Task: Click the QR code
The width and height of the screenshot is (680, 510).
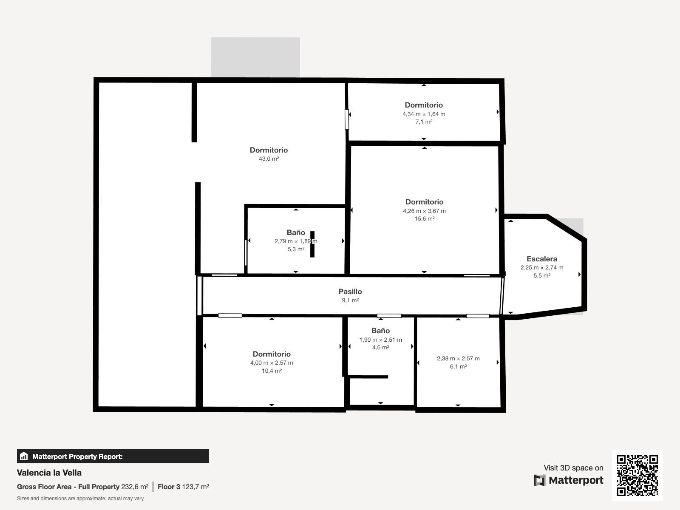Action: [637, 475]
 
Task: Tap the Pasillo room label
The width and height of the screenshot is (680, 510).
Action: [350, 292]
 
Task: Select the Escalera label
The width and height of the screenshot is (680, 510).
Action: [542, 259]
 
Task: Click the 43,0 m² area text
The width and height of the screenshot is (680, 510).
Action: [269, 159]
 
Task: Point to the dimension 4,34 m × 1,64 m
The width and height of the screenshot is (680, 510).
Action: [424, 114]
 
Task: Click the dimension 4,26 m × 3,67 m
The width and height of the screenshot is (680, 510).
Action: [425, 211]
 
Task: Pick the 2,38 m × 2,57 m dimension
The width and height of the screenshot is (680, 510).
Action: [458, 358]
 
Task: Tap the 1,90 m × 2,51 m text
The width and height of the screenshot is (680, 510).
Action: [381, 340]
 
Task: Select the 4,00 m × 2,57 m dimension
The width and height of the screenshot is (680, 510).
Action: [272, 363]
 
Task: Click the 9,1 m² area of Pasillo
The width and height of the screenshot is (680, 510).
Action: [350, 300]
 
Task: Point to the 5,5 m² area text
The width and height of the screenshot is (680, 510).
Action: [542, 275]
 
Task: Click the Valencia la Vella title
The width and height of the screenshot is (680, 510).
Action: [49, 473]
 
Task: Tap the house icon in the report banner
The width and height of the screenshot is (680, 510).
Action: [24, 456]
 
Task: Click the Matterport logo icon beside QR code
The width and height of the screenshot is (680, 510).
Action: [539, 480]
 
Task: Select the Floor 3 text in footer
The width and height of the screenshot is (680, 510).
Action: [169, 487]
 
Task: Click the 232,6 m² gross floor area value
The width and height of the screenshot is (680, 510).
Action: [135, 487]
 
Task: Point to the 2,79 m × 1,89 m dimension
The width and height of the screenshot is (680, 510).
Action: [296, 241]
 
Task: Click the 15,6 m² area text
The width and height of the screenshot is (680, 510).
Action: [425, 218]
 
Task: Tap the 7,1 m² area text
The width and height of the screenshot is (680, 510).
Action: [424, 122]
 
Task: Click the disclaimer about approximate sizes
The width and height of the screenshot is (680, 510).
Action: [80, 499]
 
